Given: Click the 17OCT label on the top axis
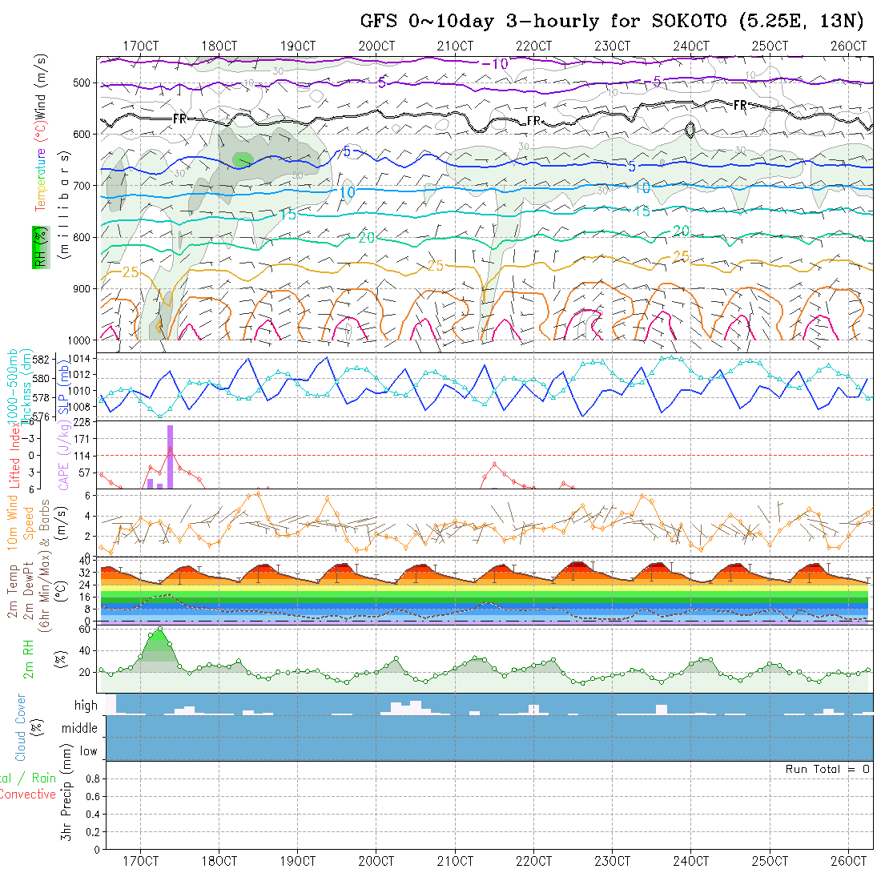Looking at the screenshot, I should [140, 46].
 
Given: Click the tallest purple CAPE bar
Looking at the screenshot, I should [170, 457].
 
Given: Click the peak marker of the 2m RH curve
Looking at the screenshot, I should [159, 629].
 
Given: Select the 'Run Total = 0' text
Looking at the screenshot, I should [827, 769].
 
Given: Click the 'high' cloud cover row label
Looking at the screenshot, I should [86, 706].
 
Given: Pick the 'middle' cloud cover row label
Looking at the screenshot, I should [80, 729].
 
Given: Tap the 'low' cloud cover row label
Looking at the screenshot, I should [88, 751].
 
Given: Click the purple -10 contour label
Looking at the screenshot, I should [497, 64].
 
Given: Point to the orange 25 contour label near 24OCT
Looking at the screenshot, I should [680, 256].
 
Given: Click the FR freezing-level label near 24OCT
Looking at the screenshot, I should [740, 106].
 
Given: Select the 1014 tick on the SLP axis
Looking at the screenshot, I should [82, 358].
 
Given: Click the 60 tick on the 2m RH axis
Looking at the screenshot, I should [82, 630].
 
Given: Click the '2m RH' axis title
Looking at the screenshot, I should [29, 658].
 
